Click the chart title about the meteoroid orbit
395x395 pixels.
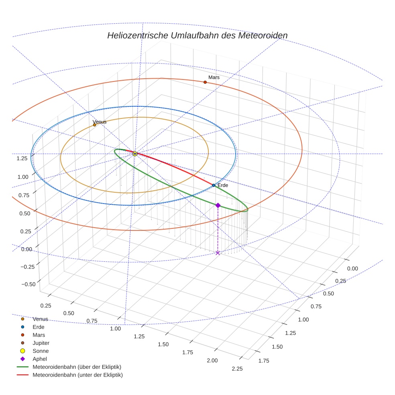click(197, 35)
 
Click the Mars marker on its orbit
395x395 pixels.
click(205, 82)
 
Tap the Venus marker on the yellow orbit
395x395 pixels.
click(95, 125)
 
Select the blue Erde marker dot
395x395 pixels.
click(214, 185)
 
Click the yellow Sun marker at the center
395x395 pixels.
click(135, 154)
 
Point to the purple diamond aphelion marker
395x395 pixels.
click(218, 205)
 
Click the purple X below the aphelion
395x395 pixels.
click(218, 252)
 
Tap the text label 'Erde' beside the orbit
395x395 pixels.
click(222, 185)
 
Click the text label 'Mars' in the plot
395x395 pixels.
click(214, 77)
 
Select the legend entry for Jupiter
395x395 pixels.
click(41, 343)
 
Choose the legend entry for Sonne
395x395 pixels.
click(41, 351)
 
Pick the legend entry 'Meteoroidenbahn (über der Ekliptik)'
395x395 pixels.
click(77, 367)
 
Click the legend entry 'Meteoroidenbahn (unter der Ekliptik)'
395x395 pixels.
click(77, 375)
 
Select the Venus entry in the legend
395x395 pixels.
click(40, 319)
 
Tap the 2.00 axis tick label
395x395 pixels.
click(212, 360)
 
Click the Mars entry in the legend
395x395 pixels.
click(39, 335)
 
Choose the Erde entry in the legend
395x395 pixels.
click(39, 327)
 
